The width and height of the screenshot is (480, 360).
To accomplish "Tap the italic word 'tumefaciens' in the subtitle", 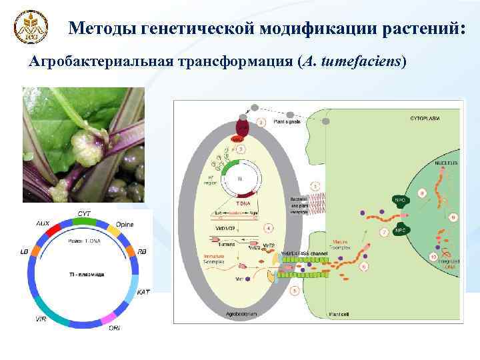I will point(360,62).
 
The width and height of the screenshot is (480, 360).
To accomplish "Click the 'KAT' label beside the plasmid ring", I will point(143,293).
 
